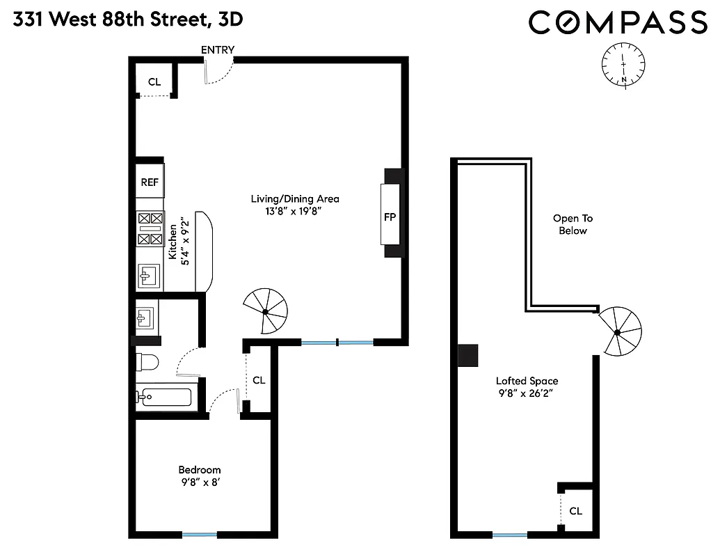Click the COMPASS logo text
[x=618, y=22]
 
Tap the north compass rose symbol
[x=623, y=65]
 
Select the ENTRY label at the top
[x=218, y=50]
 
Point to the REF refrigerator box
[x=150, y=182]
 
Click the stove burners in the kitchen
[x=150, y=228]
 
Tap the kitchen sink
[x=149, y=276]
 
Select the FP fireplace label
[x=390, y=217]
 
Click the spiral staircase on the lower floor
[x=266, y=310]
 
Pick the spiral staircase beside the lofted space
[x=618, y=331]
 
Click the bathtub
[x=164, y=398]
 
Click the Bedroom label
[x=200, y=470]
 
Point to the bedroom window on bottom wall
[x=200, y=535]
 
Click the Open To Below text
[x=573, y=224]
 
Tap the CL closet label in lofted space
[x=575, y=511]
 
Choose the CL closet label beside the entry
[x=154, y=81]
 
